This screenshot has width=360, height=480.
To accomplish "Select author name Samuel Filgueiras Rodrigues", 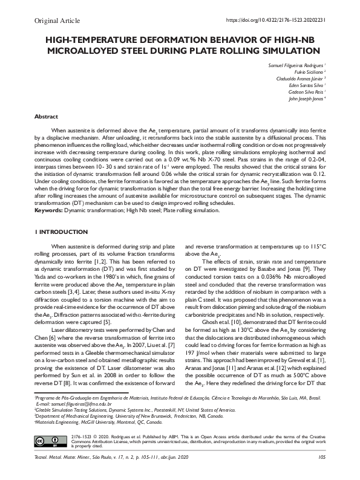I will pyautogui.click(x=296, y=65).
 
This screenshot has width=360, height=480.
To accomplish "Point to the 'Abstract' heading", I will pyautogui.click(x=46, y=117).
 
